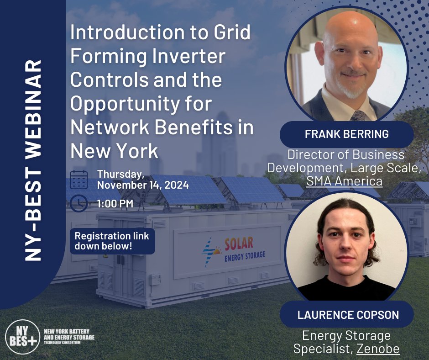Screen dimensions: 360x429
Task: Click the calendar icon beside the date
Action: click(x=79, y=179)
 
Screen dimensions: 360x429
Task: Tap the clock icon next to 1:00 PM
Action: click(x=79, y=203)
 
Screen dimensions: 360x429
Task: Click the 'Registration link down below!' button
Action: click(x=112, y=241)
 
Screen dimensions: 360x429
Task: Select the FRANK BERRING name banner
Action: click(x=346, y=134)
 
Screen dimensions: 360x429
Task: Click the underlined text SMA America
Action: click(x=344, y=181)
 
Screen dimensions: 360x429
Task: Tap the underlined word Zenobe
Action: click(x=378, y=349)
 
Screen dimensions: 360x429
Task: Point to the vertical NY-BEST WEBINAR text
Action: click(x=33, y=160)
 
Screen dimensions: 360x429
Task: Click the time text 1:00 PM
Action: click(x=115, y=203)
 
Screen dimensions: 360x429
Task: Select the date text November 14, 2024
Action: click(x=143, y=185)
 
